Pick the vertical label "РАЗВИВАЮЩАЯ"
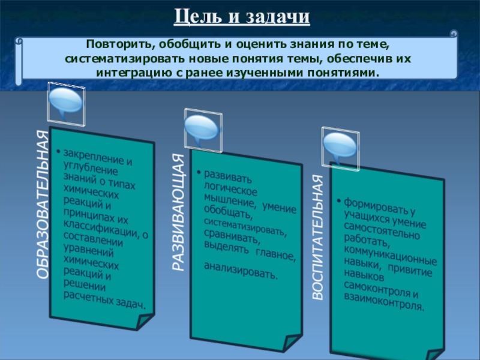(179, 212)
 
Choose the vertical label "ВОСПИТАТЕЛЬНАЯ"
(318, 238)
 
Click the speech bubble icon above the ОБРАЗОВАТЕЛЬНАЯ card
(65, 101)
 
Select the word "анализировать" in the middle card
(240, 271)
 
